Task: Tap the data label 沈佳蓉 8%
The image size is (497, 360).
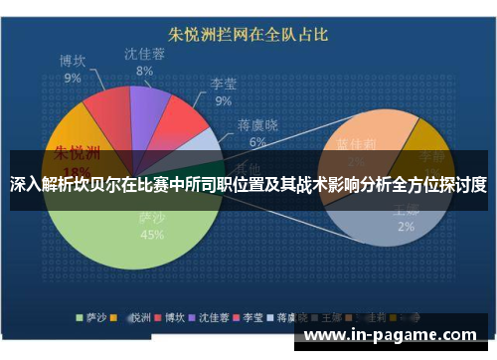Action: tap(145, 62)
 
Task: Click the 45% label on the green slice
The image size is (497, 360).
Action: tap(152, 236)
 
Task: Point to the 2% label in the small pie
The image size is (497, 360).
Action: tap(406, 227)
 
